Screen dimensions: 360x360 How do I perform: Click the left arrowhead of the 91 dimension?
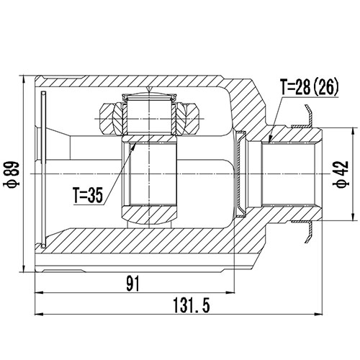pyautogui.click(x=38, y=293)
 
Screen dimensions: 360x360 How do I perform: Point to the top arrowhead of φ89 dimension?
pyautogui.click(x=25, y=78)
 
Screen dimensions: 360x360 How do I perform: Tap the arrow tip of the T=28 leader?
pyautogui.click(x=269, y=142)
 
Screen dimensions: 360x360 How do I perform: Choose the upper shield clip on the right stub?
pyautogui.click(x=308, y=117)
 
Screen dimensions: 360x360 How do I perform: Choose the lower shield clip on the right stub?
pyautogui.click(x=308, y=230)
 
